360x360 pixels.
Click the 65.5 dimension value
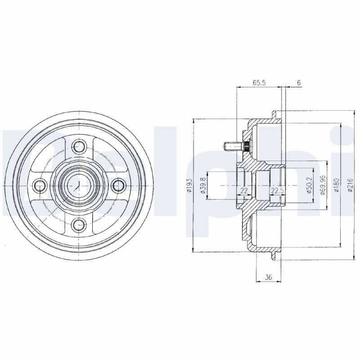coord(259,83)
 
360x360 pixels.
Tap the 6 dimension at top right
coord(299,83)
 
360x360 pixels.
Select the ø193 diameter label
coord(189,185)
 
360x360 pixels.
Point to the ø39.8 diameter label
coord(203,185)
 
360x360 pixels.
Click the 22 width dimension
coord(244,190)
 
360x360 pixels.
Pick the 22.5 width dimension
coord(278,190)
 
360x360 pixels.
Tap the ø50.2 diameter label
coord(309,185)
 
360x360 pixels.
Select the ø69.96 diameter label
coord(323,185)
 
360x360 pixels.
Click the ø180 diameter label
coord(337,185)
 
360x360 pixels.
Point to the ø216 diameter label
coord(350,185)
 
